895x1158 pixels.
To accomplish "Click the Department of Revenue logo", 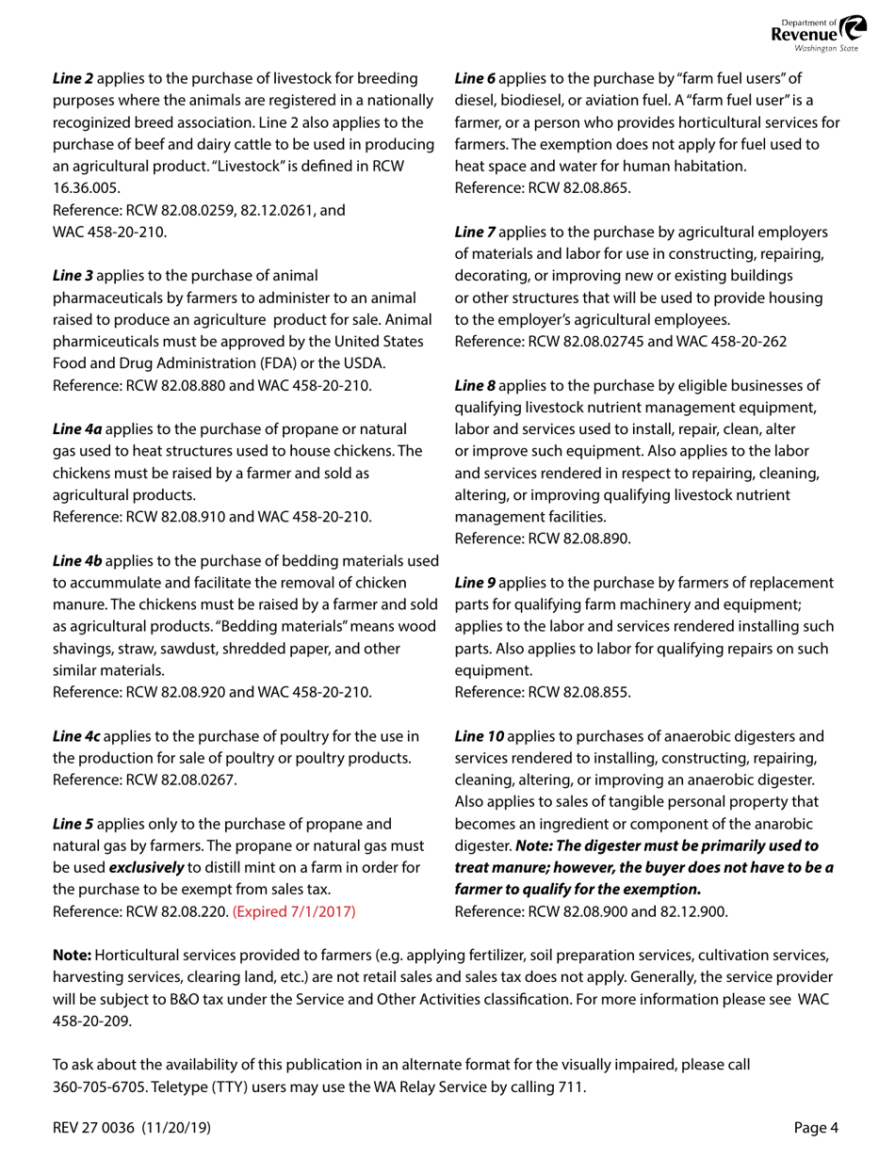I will (815, 35).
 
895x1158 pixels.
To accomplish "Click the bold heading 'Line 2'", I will (73, 79).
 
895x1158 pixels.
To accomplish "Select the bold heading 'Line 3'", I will (73, 276).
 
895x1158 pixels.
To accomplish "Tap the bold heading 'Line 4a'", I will (77, 428).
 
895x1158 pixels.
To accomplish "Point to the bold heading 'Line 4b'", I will (77, 561).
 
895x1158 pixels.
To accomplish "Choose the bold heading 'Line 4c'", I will (76, 735).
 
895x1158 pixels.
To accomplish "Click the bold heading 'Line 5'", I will (73, 823).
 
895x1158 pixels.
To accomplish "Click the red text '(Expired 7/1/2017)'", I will (294, 910).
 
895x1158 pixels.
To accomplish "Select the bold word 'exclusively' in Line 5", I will (146, 866).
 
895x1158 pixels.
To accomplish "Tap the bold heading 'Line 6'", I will (475, 79).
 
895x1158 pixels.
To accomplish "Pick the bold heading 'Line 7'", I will (475, 232).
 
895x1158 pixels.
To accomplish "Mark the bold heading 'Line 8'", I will (475, 385).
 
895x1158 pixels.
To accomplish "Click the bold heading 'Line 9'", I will (475, 583).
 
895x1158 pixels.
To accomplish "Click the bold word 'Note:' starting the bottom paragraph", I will (72, 955).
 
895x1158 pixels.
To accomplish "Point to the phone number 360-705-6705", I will (97, 1086).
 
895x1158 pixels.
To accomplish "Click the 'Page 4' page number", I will (816, 1128).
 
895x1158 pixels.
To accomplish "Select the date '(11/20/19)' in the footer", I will (176, 1128).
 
